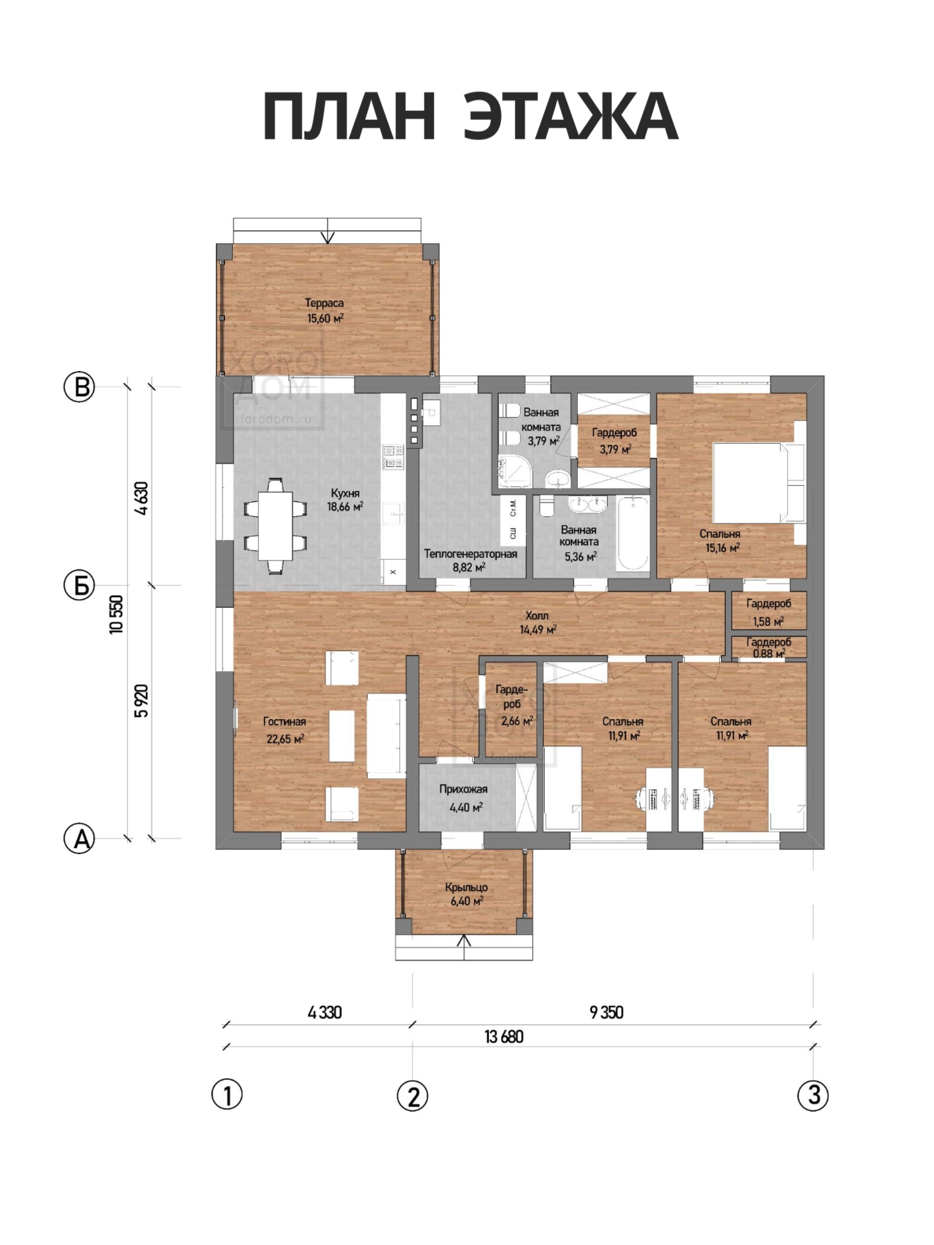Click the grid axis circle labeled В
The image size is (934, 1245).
(x=80, y=387)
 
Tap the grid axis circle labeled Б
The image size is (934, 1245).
(x=80, y=586)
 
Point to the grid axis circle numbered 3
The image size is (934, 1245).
(x=813, y=1095)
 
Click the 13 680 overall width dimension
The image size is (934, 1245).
(x=504, y=1037)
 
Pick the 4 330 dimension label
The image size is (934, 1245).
(x=325, y=1012)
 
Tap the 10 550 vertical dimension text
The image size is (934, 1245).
(x=117, y=614)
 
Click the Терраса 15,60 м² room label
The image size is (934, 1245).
(x=324, y=311)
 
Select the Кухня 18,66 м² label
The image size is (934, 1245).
(x=345, y=500)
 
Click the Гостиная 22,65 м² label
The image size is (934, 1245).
(x=285, y=730)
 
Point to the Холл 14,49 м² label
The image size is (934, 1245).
(x=537, y=622)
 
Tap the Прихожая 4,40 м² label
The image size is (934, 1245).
(x=464, y=798)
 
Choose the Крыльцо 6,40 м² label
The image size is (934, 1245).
(x=466, y=894)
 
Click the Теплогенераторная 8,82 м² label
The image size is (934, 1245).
(x=470, y=560)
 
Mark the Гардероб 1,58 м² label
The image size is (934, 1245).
(x=769, y=612)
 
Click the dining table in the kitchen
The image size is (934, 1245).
(x=275, y=526)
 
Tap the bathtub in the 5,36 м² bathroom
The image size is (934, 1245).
(x=632, y=534)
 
